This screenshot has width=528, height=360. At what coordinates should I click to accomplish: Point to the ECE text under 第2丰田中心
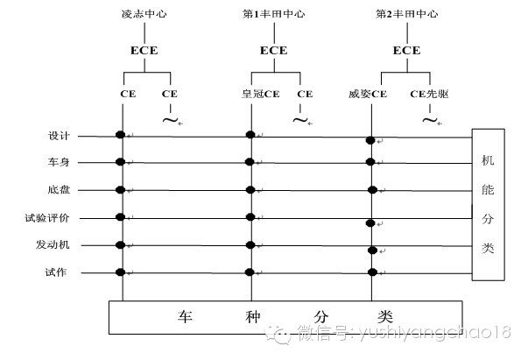pyautogui.click(x=406, y=51)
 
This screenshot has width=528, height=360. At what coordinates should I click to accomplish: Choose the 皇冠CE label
pyautogui.click(x=259, y=92)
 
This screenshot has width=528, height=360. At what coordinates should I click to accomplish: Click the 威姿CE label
pyautogui.click(x=368, y=92)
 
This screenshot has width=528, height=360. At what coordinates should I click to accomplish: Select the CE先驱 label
pyautogui.click(x=430, y=92)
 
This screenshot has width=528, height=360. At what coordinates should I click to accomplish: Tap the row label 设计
pyautogui.click(x=59, y=136)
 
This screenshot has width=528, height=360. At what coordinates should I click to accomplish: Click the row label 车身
pyautogui.click(x=59, y=162)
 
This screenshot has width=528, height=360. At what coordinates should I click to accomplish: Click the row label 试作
pyautogui.click(x=59, y=272)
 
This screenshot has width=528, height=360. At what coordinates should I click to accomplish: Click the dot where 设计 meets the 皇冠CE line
pyautogui.click(x=250, y=134)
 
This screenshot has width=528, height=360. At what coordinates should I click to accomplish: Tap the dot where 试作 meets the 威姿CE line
pyautogui.click(x=372, y=272)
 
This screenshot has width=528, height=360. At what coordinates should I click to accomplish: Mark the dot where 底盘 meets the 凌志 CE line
pyautogui.click(x=121, y=188)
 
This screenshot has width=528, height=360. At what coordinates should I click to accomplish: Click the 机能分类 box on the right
pyautogui.click(x=488, y=204)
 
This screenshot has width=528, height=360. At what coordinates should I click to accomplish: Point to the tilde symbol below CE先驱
pyautogui.click(x=429, y=118)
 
